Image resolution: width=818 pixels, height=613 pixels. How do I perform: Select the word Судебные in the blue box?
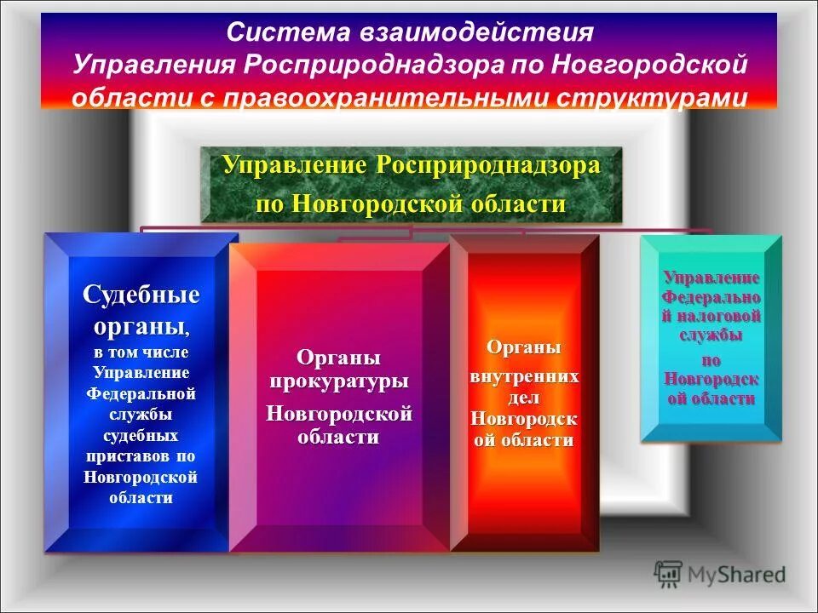point(141,295)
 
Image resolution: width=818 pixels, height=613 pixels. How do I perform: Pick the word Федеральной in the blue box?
point(141,394)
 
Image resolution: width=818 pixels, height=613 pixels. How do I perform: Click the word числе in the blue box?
point(167,352)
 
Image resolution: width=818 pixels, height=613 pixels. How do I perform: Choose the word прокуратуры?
point(339,381)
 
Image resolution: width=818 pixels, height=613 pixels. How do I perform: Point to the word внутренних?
point(525,375)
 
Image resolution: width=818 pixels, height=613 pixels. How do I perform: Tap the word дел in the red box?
point(524,397)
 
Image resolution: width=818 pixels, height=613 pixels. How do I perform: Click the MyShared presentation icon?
point(669,574)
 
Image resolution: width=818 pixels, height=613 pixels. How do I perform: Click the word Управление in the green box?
point(292,165)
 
